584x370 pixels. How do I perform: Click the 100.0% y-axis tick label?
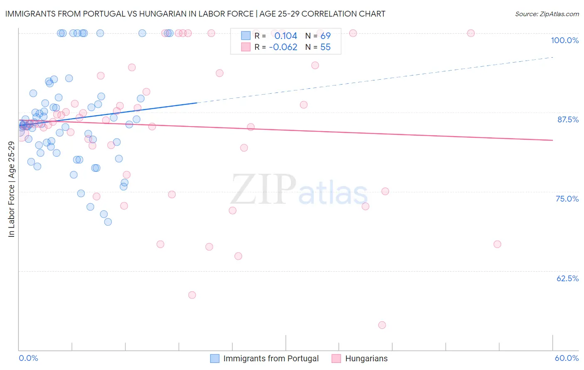[564, 40]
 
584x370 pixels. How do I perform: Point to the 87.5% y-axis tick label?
[568, 119]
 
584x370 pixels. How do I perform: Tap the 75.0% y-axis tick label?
[567, 199]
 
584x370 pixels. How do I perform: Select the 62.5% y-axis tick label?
[567, 278]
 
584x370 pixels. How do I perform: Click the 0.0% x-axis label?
[28, 358]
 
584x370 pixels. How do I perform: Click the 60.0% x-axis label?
[567, 358]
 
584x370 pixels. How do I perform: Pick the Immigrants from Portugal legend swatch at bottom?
[215, 358]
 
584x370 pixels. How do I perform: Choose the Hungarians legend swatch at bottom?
[336, 358]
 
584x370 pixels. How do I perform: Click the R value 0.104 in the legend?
[286, 36]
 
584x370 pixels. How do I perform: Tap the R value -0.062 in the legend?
[283, 47]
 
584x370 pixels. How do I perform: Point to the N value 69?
[325, 36]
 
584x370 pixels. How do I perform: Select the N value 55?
[325, 47]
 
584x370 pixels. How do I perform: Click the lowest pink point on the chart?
[382, 325]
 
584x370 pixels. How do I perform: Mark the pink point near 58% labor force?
[192, 295]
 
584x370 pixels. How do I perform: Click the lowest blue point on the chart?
[108, 222]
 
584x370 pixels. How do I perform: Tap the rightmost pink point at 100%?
[471, 33]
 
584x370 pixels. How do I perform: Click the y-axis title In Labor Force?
[11, 189]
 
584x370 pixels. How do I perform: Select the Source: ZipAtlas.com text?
[547, 14]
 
